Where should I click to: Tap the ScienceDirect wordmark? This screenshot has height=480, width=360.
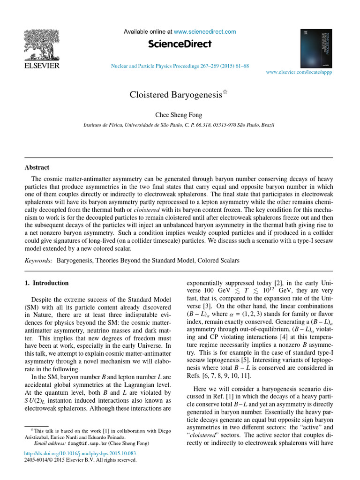point(180,44)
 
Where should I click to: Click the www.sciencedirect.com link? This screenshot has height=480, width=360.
point(205,32)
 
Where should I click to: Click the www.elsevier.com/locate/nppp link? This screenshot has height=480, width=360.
point(299,73)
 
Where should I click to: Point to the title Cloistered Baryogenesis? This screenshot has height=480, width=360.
point(175,95)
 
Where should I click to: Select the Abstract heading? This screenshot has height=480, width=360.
point(37,167)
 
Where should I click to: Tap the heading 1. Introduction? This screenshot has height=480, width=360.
point(46,283)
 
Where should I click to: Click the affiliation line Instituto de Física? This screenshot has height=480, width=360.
point(179,126)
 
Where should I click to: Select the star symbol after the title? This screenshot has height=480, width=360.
point(225,92)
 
